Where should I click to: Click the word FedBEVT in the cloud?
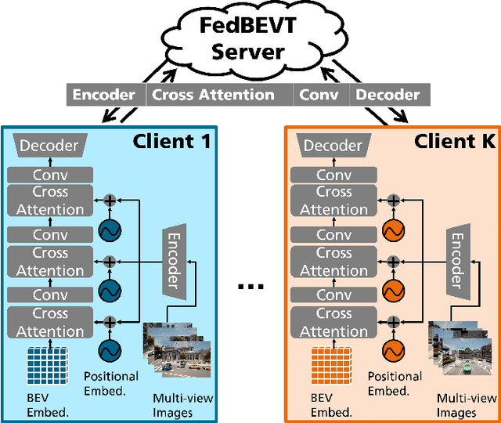(248, 26)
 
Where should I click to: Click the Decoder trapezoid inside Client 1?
(50, 146)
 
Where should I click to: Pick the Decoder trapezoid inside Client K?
(333, 146)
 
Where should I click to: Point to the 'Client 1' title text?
(172, 141)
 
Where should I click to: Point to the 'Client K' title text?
(455, 141)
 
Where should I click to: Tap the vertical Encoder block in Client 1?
(175, 262)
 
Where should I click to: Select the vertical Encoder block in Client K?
(458, 262)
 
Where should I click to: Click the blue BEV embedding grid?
(48, 365)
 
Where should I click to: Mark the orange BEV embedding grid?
(331, 365)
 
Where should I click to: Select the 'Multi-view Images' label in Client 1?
(183, 406)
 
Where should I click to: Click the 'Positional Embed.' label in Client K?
(395, 384)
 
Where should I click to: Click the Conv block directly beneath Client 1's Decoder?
(50, 175)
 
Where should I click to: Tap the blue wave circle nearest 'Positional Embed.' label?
(110, 351)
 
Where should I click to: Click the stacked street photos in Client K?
(460, 348)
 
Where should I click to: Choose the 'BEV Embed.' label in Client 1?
(48, 406)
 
